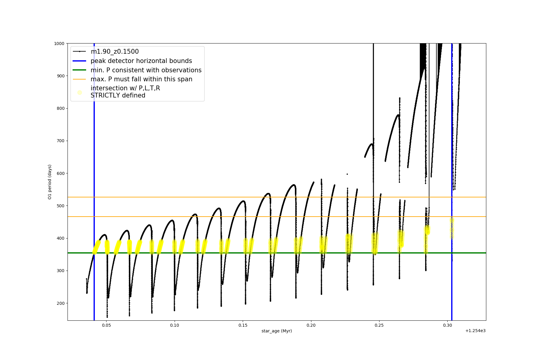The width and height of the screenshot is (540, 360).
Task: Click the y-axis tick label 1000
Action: [x=59, y=43]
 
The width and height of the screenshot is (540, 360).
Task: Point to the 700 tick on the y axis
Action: [x=61, y=141]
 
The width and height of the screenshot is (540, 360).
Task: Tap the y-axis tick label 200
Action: [x=61, y=303]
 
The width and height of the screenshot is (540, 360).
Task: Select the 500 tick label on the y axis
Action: [x=61, y=206]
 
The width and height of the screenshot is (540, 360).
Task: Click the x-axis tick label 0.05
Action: [x=106, y=325]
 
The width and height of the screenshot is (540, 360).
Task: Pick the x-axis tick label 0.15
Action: [x=243, y=325]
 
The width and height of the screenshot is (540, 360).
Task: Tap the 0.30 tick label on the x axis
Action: [x=448, y=325]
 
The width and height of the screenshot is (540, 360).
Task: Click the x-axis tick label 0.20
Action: [x=311, y=325]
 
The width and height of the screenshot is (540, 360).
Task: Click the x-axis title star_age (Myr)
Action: [x=277, y=331]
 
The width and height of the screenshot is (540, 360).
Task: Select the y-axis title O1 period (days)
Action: [x=50, y=182]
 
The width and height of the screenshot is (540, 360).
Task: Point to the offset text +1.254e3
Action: [x=475, y=331]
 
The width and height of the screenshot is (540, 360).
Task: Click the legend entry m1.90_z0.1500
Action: [x=115, y=52]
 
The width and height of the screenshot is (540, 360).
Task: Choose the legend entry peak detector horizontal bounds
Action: [x=141, y=61]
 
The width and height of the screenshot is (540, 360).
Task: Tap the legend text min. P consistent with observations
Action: [x=146, y=70]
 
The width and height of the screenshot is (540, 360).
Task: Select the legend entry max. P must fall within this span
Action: [x=141, y=79]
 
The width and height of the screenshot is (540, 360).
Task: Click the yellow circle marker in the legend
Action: [x=79, y=92]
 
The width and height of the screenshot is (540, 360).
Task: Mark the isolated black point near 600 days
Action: [x=347, y=174]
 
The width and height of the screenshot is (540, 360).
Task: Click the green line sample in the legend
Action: [x=79, y=70]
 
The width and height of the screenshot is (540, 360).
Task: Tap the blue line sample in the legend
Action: [x=79, y=61]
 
